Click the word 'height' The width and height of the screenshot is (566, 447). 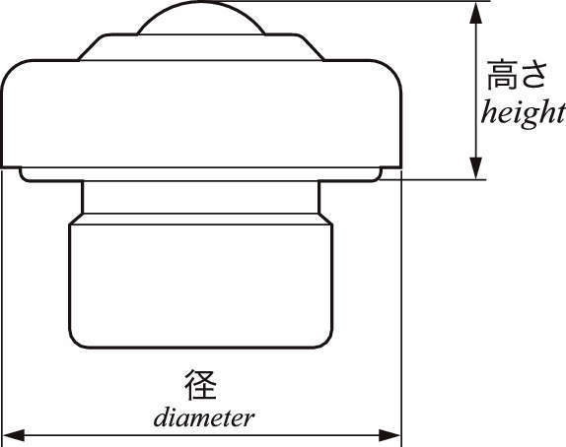524,113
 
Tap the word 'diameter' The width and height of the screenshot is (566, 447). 204,418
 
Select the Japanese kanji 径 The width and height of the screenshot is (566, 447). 201,385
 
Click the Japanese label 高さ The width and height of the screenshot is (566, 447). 516,75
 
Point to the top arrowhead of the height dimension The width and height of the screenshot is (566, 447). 476,13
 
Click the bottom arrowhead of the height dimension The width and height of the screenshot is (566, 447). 476,168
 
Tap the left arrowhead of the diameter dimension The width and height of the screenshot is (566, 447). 14,435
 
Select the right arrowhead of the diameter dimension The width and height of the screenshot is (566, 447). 389,435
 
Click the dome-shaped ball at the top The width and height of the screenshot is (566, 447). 201,18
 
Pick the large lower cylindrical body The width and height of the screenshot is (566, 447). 201,285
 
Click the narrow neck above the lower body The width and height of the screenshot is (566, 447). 201,197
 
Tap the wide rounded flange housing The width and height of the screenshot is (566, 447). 201,113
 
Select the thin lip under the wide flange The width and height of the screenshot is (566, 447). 201,174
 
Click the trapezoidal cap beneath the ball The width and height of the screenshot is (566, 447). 201,47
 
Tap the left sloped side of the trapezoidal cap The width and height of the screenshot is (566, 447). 92,46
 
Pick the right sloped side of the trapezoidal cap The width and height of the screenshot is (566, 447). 311,46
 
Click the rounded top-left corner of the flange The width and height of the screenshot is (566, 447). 11,69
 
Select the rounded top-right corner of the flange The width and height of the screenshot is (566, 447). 392,69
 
